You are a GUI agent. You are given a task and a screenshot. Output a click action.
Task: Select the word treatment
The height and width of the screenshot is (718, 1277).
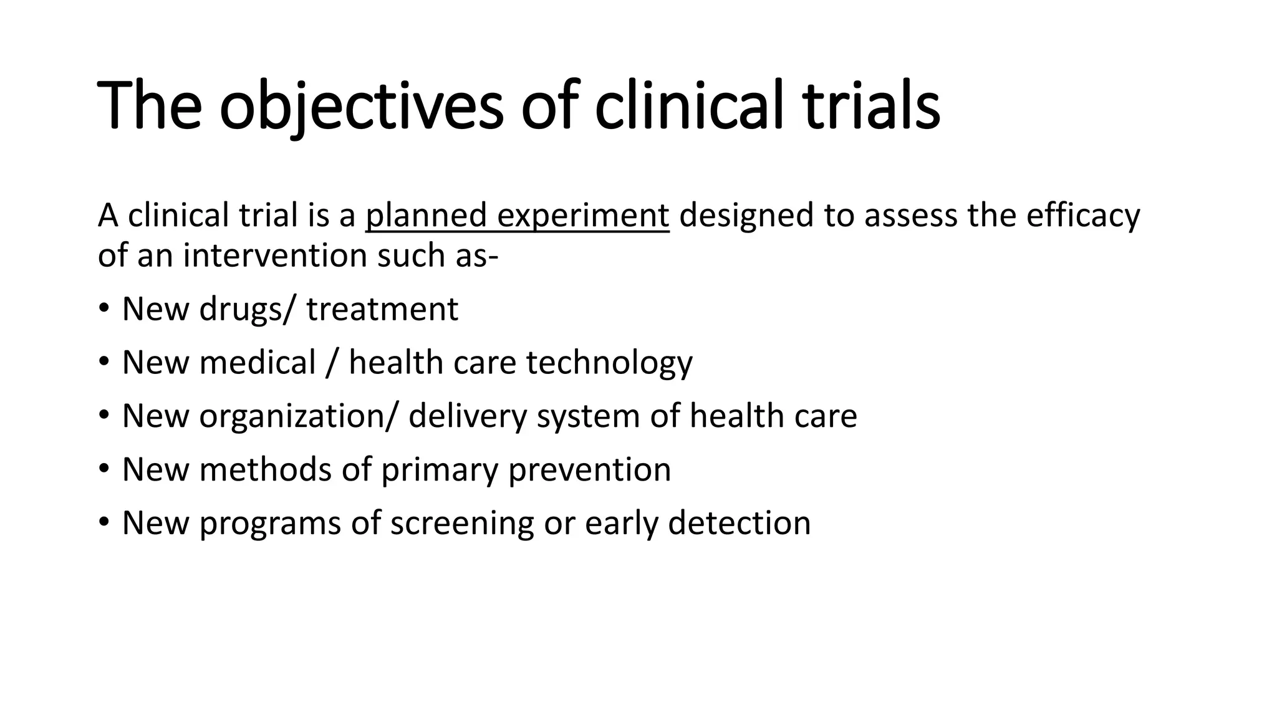(382, 309)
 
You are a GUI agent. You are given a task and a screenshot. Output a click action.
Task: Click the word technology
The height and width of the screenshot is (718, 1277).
(609, 363)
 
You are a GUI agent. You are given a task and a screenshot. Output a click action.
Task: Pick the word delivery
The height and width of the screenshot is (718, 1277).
(468, 416)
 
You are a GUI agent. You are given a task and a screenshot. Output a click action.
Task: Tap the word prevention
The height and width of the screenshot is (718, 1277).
(590, 470)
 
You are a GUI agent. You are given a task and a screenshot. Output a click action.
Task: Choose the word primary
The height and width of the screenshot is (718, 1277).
(440, 470)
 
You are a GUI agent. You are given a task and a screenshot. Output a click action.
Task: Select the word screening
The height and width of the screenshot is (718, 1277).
(462, 523)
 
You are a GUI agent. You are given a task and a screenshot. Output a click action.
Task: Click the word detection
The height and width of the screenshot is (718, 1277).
(740, 523)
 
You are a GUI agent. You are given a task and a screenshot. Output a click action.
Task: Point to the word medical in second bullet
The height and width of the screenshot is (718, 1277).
(258, 363)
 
